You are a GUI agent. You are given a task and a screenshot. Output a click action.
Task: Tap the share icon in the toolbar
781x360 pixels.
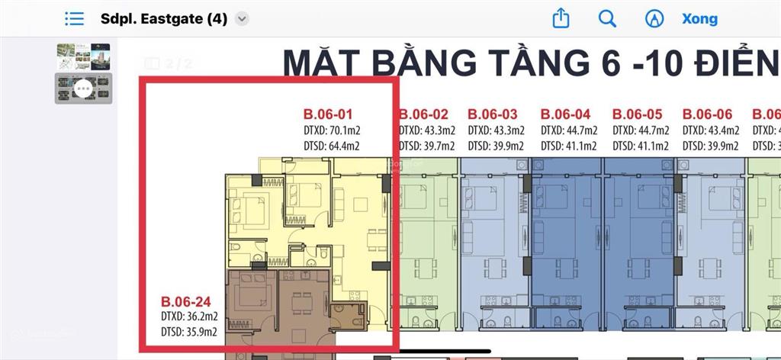[561, 18]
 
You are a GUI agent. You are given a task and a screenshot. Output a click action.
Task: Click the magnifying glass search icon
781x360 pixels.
[607, 18]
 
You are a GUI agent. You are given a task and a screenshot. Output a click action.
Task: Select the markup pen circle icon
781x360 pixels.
[654, 18]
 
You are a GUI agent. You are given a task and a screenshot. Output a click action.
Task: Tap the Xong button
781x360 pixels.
[699, 19]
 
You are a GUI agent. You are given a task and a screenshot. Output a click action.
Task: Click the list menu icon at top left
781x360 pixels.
[75, 19]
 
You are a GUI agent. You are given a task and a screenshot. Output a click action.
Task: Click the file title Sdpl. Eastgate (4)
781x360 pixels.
[164, 19]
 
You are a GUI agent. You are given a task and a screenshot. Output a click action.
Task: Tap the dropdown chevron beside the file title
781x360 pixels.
[242, 19]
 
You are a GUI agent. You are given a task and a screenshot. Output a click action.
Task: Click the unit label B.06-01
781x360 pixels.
[328, 114]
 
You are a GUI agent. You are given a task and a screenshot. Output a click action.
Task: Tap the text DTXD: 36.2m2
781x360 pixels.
[189, 316]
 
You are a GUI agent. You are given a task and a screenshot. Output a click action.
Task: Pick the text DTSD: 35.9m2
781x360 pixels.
[189, 332]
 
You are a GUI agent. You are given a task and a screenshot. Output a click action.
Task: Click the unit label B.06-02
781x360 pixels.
[423, 114]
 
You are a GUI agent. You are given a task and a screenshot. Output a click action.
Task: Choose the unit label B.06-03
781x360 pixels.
[493, 114]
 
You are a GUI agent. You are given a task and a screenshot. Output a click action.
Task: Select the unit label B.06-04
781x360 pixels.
[565, 114]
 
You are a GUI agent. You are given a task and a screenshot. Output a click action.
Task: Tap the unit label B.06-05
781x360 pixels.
[638, 114]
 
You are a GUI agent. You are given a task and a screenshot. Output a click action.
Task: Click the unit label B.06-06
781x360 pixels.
[707, 114]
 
